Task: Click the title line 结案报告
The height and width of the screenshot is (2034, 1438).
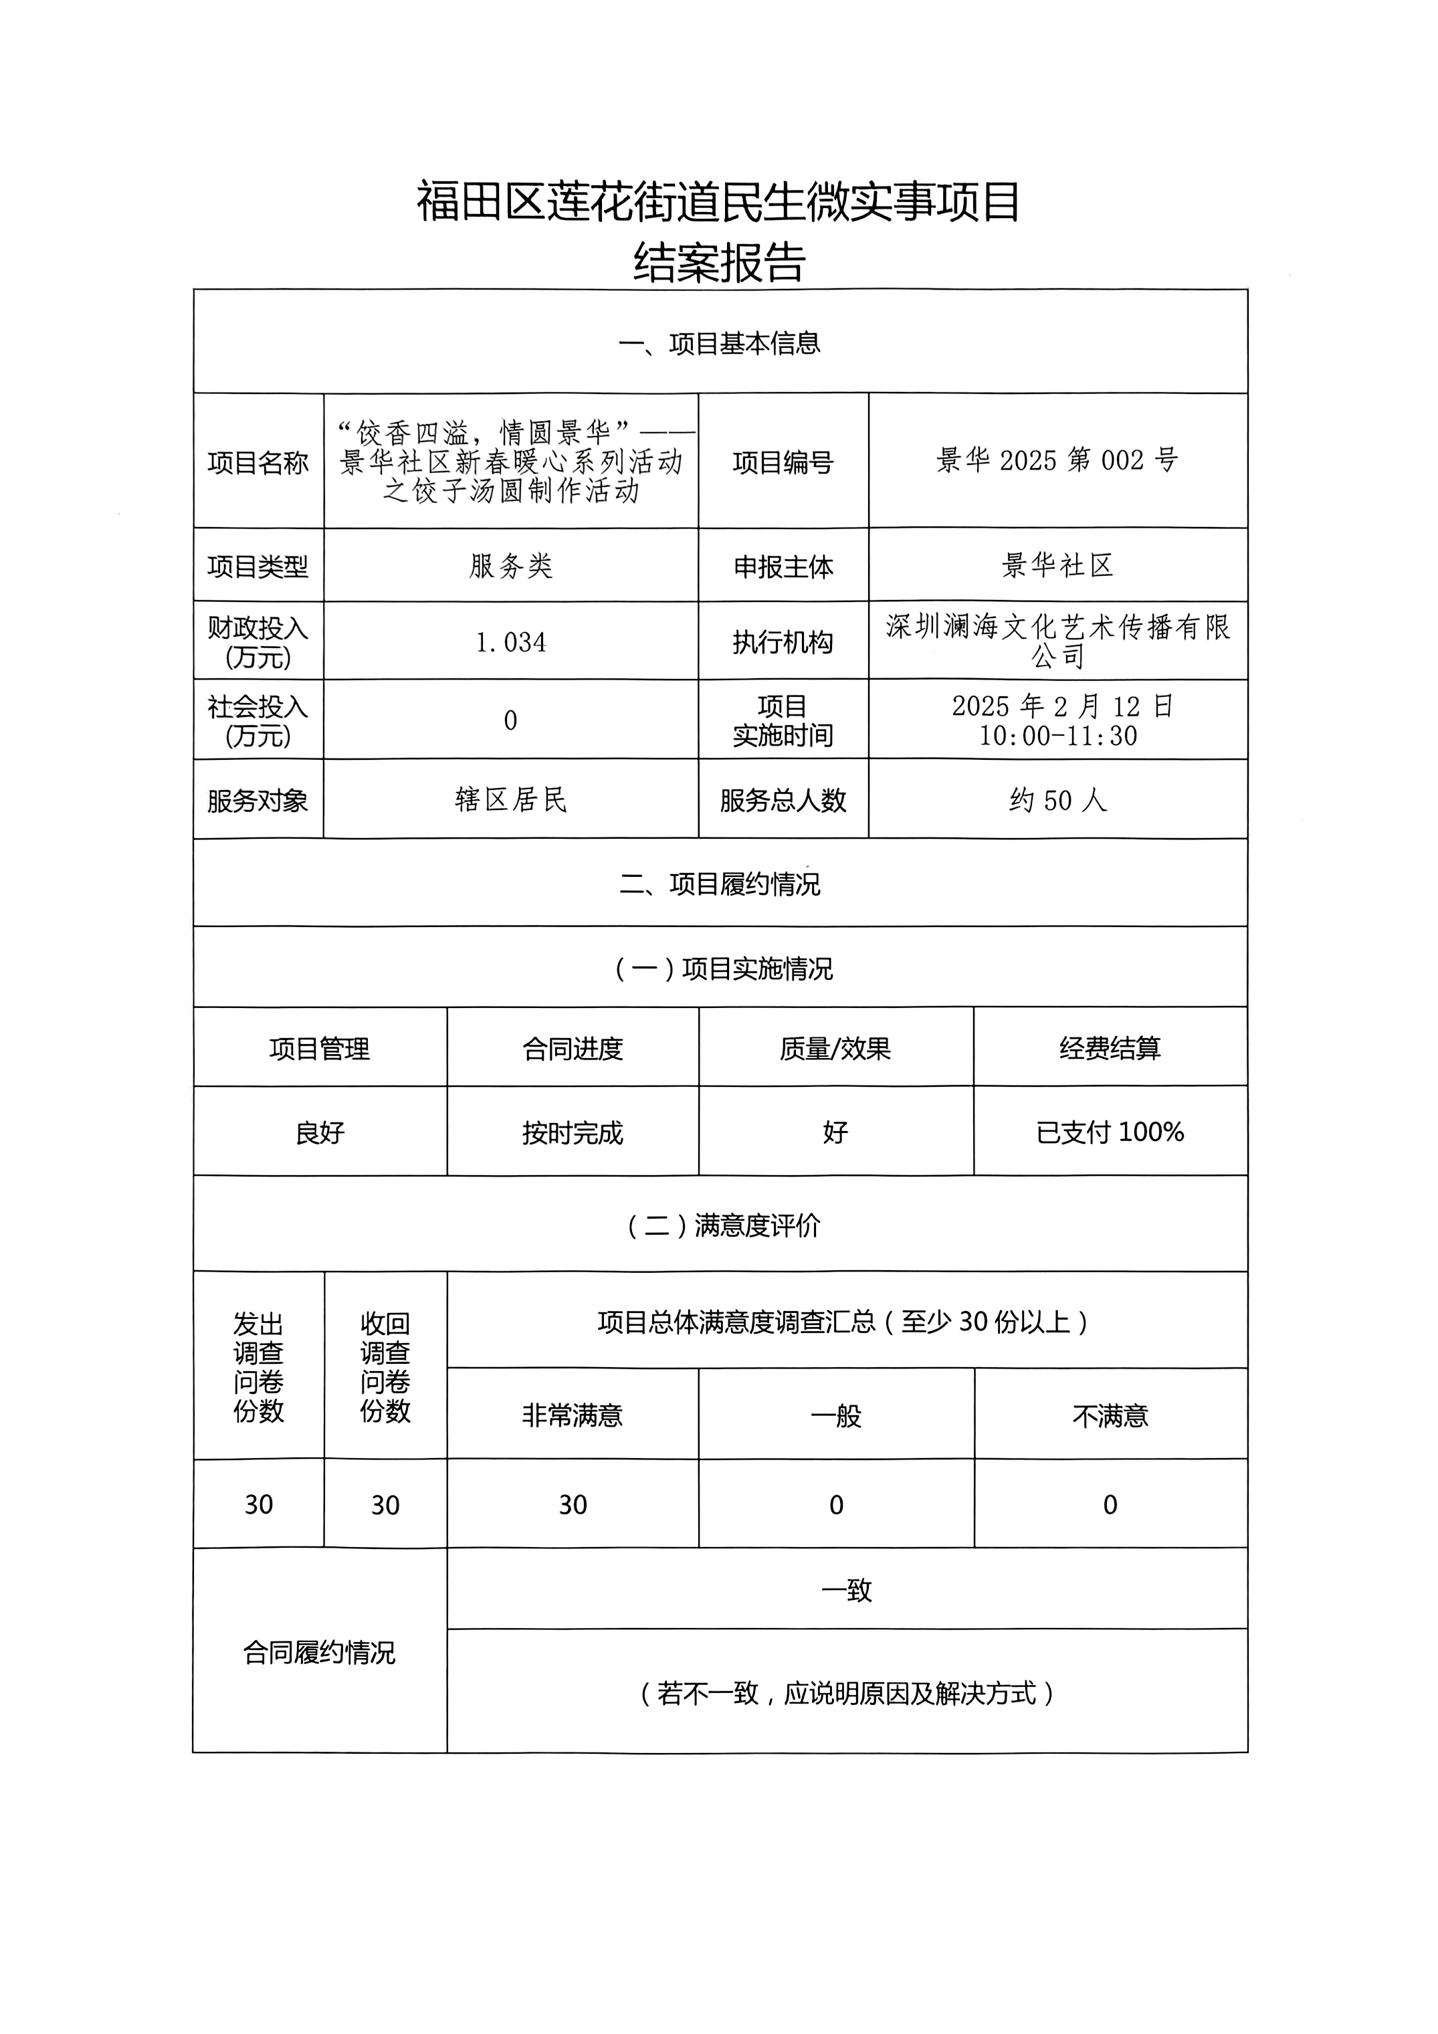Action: (718, 263)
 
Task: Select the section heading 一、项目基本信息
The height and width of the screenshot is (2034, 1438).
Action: (718, 343)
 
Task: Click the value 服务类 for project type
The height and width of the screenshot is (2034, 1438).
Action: (510, 565)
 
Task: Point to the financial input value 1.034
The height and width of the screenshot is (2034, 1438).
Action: (510, 641)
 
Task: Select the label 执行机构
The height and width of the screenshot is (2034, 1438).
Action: (783, 641)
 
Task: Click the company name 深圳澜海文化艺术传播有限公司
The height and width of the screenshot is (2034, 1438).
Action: (1057, 641)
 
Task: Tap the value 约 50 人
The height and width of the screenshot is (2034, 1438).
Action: (1057, 800)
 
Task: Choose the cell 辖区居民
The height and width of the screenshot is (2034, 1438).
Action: (510, 800)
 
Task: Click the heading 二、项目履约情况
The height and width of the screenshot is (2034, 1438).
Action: (718, 884)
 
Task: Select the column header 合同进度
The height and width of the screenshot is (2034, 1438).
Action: (573, 1048)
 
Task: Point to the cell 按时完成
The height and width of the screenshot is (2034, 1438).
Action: (573, 1132)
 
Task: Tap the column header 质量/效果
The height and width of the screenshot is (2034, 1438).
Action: (835, 1048)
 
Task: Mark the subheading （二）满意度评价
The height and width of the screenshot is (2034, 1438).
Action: (723, 1225)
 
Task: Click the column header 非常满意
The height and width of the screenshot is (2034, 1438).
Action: (573, 1415)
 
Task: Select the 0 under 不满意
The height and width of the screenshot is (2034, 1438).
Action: (1110, 1504)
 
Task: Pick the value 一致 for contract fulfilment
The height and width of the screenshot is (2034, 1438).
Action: (846, 1590)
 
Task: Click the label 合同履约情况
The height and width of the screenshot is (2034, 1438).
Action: (319, 1652)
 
